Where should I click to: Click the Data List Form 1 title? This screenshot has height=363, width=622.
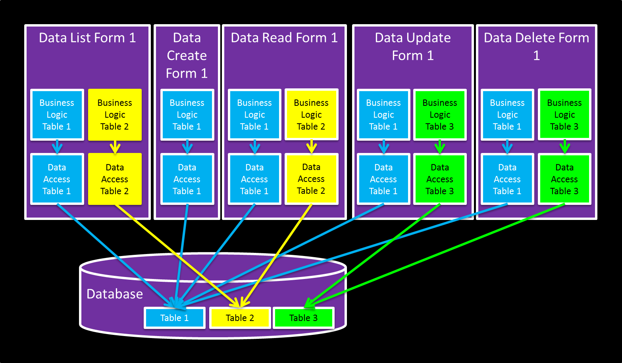(x=87, y=38)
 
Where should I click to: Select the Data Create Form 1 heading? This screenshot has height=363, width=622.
(x=187, y=55)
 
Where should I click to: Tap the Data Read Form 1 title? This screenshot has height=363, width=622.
(x=284, y=38)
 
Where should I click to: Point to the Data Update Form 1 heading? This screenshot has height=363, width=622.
(x=413, y=47)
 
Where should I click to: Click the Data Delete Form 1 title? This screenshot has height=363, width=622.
(x=536, y=46)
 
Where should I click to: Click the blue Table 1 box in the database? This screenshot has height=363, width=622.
(x=175, y=318)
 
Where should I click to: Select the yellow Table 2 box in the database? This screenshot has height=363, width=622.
(x=240, y=318)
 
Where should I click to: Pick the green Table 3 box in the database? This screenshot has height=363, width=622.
(x=304, y=318)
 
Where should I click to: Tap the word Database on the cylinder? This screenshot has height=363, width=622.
(x=115, y=294)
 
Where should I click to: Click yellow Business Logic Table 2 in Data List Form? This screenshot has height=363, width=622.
(x=115, y=115)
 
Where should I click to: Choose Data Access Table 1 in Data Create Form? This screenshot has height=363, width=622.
(x=187, y=179)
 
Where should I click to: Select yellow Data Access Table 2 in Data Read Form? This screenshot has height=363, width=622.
(x=311, y=179)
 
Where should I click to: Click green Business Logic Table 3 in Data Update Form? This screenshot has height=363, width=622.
(x=440, y=115)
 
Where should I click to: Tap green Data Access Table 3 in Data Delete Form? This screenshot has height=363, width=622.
(x=564, y=179)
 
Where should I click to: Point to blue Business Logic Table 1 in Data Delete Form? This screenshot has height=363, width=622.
(x=507, y=115)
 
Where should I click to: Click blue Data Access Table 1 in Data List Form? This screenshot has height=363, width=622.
(x=57, y=179)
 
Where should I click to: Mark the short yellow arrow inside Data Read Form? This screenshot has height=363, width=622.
(x=312, y=147)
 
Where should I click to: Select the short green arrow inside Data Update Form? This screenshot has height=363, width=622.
(x=440, y=147)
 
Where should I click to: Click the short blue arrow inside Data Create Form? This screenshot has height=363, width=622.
(x=187, y=147)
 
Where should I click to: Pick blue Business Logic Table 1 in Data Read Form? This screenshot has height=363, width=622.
(x=254, y=115)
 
